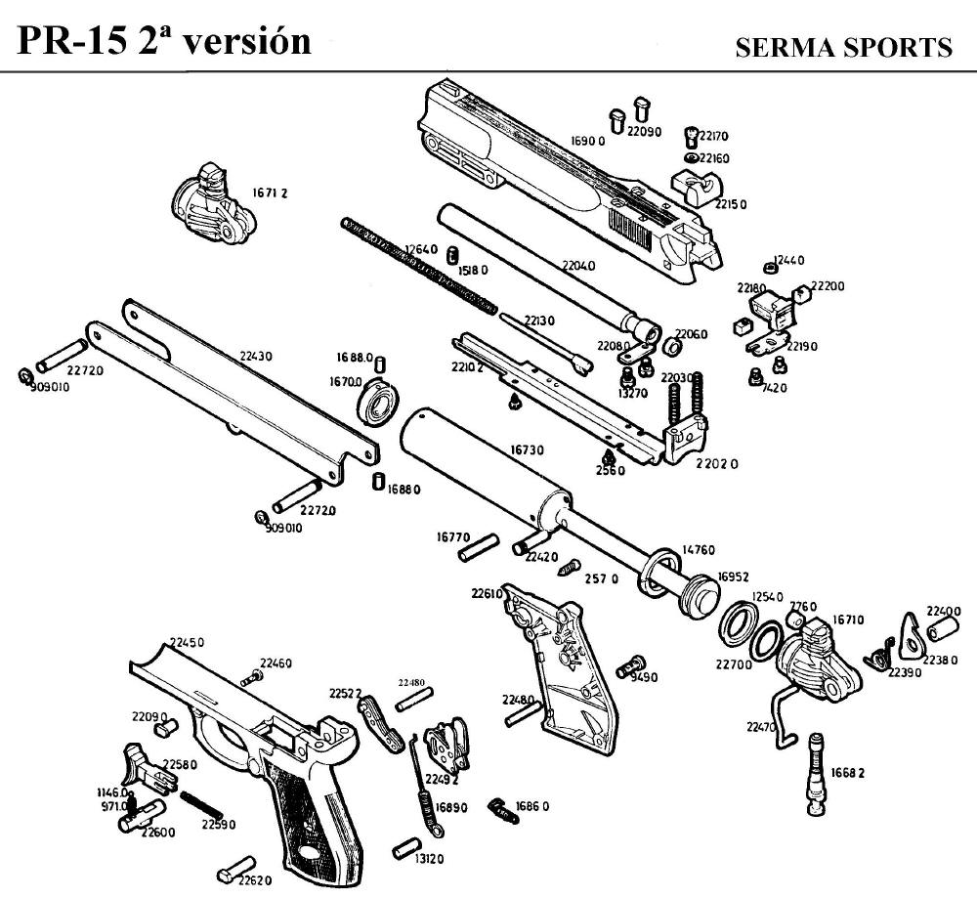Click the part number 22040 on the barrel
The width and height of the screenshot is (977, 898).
578,265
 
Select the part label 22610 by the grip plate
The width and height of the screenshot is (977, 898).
486,592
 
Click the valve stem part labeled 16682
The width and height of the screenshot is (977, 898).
816,777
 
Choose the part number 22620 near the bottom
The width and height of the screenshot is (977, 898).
255,878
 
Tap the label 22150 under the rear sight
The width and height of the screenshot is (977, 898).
731,204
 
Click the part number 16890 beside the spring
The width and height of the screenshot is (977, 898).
451,807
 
